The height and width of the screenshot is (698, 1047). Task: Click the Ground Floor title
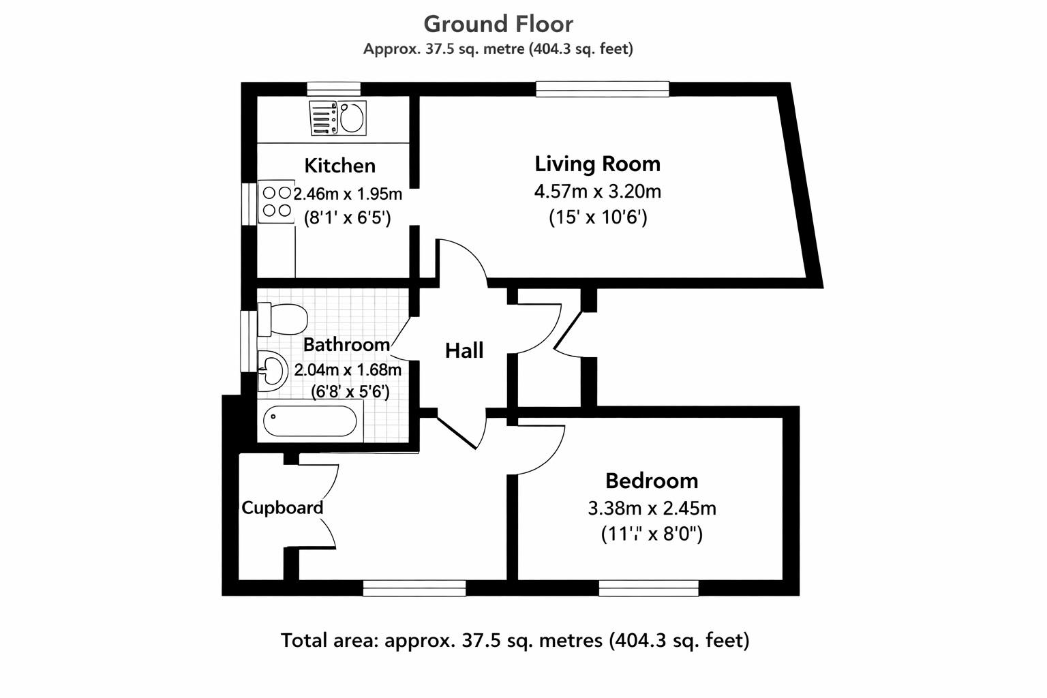tap(498, 24)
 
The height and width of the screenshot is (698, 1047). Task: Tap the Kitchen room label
tap(339, 166)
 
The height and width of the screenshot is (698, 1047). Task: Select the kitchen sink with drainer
tap(337, 117)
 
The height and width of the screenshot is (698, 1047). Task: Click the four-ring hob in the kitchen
tap(276, 202)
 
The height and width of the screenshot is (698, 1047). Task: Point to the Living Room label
tap(597, 164)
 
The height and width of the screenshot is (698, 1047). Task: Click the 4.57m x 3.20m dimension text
tap(597, 191)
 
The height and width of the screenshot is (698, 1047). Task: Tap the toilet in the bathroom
tap(282, 319)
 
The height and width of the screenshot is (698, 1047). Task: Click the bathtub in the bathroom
tap(310, 422)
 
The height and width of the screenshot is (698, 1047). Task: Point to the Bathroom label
tap(346, 345)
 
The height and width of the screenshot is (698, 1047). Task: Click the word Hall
tap(464, 351)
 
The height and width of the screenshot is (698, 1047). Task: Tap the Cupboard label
tap(282, 508)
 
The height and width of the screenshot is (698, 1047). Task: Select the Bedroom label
tap(651, 481)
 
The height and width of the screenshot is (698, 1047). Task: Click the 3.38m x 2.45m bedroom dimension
tap(651, 509)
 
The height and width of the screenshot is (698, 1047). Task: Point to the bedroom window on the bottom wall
tap(648, 588)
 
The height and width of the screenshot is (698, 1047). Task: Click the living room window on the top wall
tap(603, 89)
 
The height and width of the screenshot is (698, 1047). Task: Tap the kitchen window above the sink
tap(333, 89)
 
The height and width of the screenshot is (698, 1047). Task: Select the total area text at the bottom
tap(515, 641)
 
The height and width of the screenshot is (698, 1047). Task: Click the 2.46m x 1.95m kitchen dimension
tap(348, 194)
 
